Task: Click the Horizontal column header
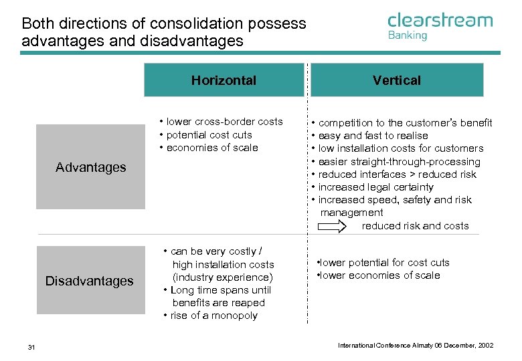224,80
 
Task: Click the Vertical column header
397,80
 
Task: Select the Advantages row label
90,167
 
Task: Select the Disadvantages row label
90,281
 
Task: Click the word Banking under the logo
408,35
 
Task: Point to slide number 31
31,346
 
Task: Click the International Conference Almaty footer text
415,346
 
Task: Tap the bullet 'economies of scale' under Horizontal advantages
211,148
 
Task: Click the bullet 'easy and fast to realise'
373,136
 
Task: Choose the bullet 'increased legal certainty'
375,187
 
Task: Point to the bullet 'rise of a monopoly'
213,316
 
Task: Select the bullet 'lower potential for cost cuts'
384,263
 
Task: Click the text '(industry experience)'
223,277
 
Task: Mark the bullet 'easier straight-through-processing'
399,162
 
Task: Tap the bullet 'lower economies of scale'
379,275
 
